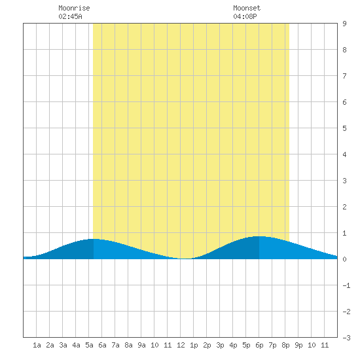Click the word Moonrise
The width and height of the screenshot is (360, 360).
pos(74,8)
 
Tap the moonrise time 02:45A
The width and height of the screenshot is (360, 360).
pos(70,16)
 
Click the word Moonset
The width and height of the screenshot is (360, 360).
pos(247,8)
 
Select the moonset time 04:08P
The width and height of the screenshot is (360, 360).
pos(245,16)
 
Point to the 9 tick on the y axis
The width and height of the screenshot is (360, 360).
pos(344,24)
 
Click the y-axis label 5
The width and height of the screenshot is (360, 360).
pos(344,128)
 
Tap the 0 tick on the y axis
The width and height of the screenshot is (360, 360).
pos(344,259)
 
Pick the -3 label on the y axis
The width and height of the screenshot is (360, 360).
pos(346,338)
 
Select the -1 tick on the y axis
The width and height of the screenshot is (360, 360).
pos(346,285)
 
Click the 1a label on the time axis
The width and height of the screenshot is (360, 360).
pos(37,345)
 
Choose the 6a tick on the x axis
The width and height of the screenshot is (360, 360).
pos(102,345)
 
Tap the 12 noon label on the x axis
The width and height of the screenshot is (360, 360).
pos(181,345)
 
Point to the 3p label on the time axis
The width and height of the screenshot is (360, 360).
pos(220,345)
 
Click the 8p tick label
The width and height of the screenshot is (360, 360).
pos(285,345)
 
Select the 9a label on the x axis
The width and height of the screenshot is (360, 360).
pos(141,345)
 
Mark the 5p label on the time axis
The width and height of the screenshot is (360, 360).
pos(246,345)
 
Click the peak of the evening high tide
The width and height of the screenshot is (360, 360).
pos(259,236)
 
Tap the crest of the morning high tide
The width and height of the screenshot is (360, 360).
pos(94,239)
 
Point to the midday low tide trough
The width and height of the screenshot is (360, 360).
pos(185,259)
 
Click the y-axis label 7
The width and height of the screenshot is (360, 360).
pos(344,76)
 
